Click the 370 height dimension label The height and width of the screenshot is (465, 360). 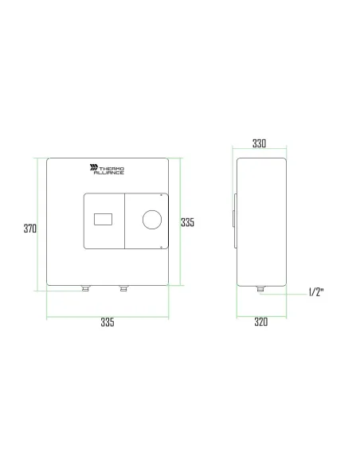pos(29,229)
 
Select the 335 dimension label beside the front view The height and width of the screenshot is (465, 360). pos(188,223)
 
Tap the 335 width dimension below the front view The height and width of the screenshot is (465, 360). pos(108,322)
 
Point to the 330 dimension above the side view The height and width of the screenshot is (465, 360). pos(260,144)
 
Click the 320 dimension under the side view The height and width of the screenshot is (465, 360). pos(260,322)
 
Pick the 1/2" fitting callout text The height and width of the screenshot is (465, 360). pos(316,292)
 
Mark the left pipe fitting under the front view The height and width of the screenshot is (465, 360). pos(84,288)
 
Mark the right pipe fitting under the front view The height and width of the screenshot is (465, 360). pos(123,288)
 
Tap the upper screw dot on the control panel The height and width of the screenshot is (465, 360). pos(163,193)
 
